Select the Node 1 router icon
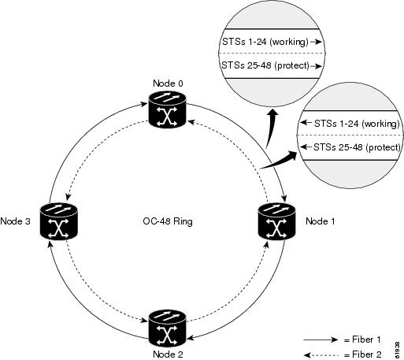tap(277, 221)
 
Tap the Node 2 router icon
tap(167, 328)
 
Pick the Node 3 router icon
tap(59, 221)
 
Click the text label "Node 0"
tap(168, 84)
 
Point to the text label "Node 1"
tap(321, 221)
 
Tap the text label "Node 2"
tap(168, 354)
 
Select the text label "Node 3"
tap(15, 221)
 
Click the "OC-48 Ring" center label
tap(168, 221)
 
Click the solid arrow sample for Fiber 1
tap(321, 340)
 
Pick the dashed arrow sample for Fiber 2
tap(321, 355)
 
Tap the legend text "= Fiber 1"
tap(362, 340)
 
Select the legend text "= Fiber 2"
tap(362, 354)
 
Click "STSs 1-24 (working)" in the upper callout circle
tap(265, 42)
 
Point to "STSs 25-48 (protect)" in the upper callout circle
tap(265, 65)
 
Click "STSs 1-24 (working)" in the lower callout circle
tap(357, 124)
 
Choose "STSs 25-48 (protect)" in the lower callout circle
tap(357, 147)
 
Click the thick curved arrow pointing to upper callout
tap(272, 128)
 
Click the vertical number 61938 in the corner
tap(397, 350)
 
